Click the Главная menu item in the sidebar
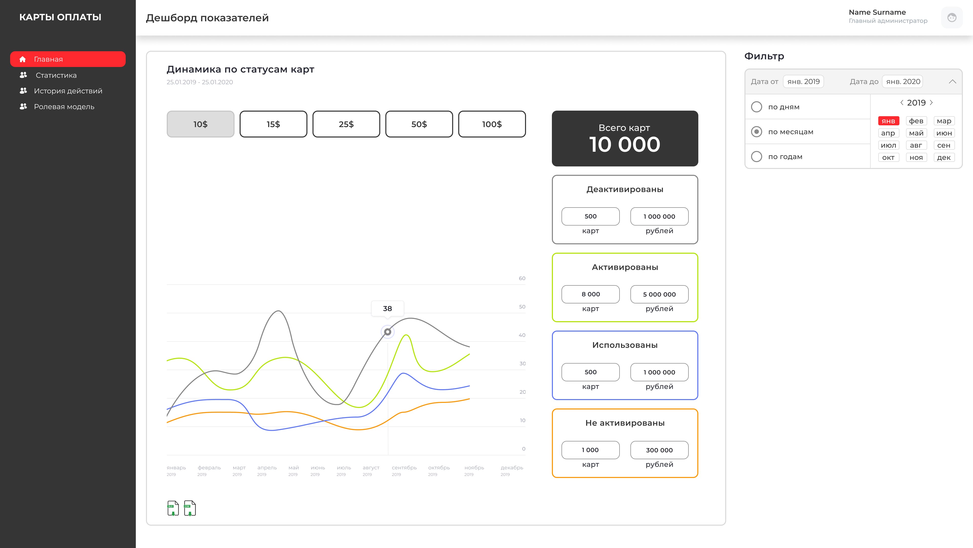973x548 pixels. [68, 59]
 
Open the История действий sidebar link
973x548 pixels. [68, 91]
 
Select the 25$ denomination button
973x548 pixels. [346, 124]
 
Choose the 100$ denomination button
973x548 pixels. [492, 124]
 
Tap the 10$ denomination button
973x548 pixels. [200, 124]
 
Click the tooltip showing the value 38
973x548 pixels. [387, 309]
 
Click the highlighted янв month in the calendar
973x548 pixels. [888, 121]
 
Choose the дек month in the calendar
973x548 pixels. [944, 157]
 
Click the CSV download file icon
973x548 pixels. [190, 508]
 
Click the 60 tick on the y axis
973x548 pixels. [522, 278]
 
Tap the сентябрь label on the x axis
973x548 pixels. [404, 468]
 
